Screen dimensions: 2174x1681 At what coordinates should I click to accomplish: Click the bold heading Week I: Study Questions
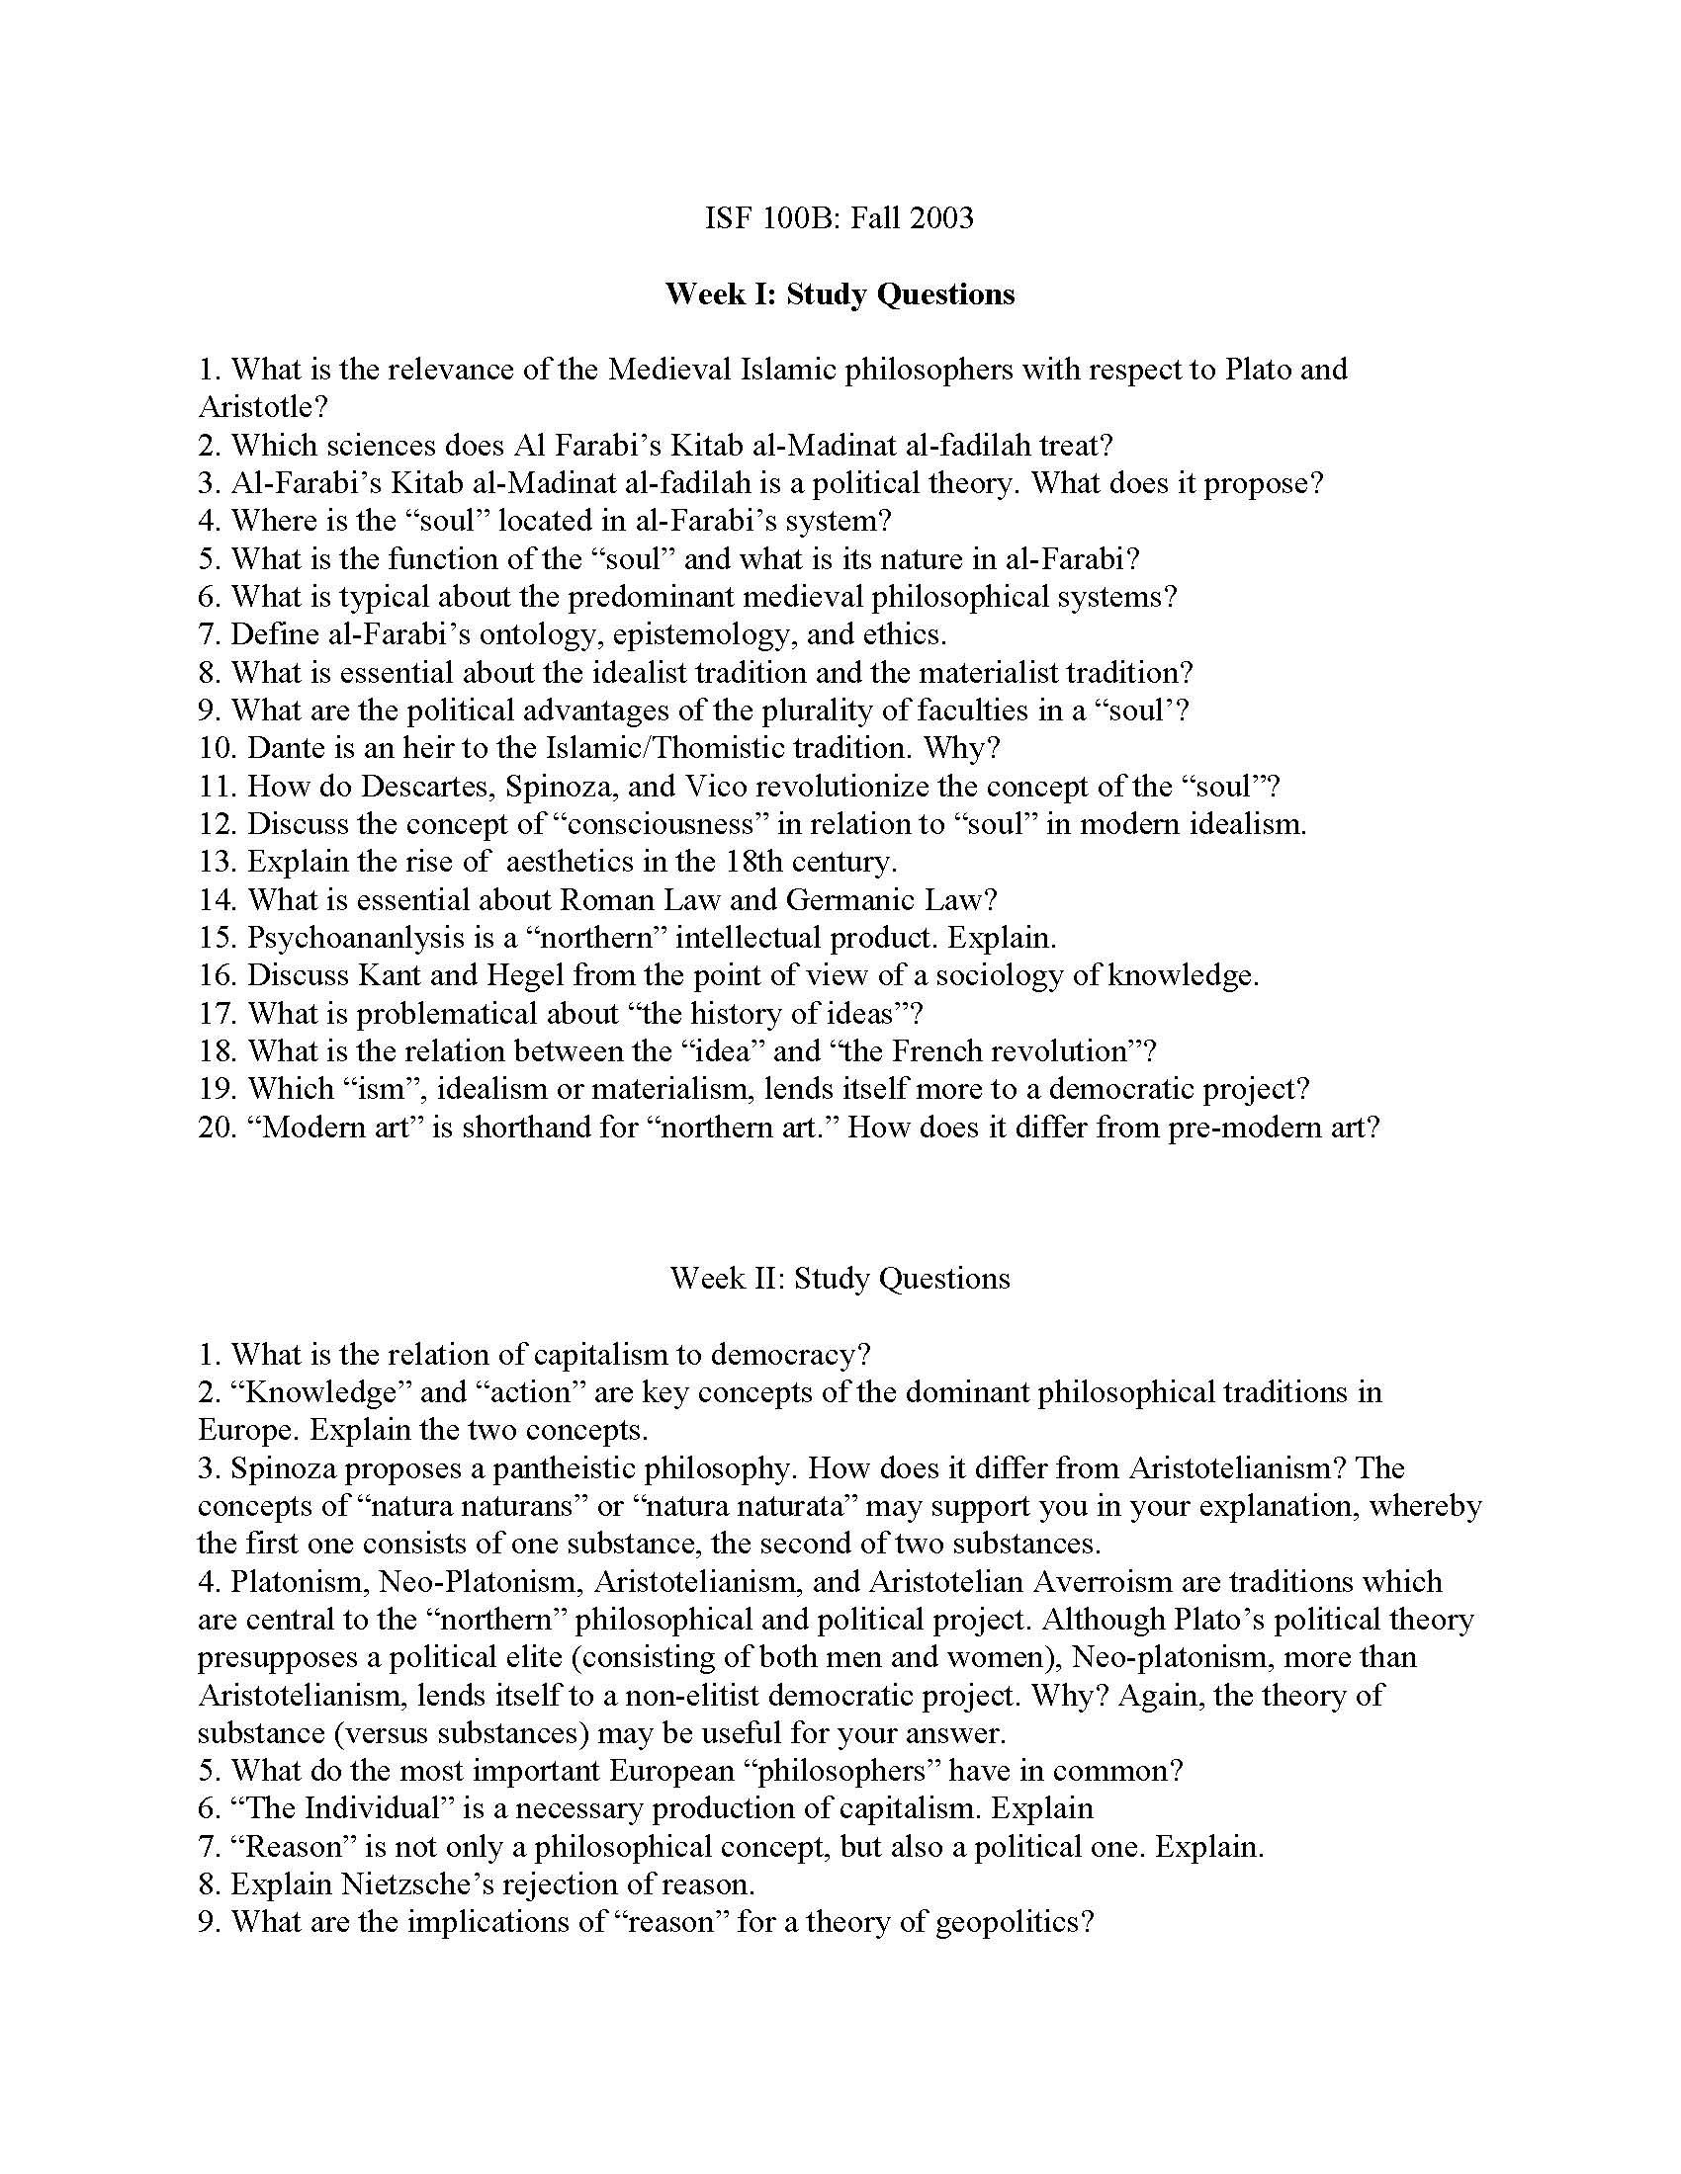(x=840, y=293)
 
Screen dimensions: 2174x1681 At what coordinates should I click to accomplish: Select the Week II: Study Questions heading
(x=840, y=1277)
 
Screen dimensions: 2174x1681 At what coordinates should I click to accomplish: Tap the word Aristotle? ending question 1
(x=263, y=407)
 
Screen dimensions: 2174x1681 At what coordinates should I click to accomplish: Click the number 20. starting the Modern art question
(x=217, y=1127)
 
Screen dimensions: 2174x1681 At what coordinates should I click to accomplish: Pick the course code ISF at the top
(x=726, y=217)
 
